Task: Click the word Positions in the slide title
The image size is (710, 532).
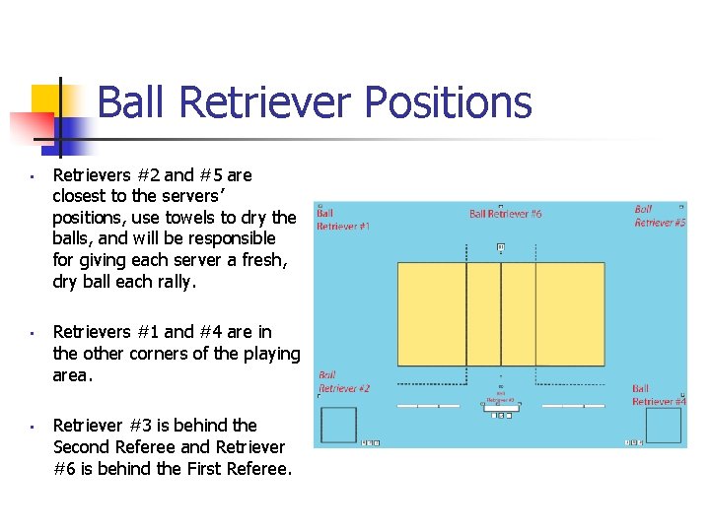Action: click(448, 102)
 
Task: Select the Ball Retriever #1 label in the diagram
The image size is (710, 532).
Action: click(343, 219)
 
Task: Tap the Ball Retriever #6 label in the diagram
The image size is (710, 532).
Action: click(506, 214)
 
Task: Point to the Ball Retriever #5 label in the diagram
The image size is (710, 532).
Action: click(659, 216)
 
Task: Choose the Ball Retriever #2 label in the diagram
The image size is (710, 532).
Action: click(343, 381)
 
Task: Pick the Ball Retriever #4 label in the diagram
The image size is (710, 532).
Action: click(658, 395)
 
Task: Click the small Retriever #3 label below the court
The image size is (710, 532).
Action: click(501, 399)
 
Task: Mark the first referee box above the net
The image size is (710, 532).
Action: click(501, 247)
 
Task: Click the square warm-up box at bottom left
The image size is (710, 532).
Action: click(339, 425)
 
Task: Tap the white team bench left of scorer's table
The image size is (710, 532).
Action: click(427, 406)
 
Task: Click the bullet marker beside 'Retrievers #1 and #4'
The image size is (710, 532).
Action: click(34, 333)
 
